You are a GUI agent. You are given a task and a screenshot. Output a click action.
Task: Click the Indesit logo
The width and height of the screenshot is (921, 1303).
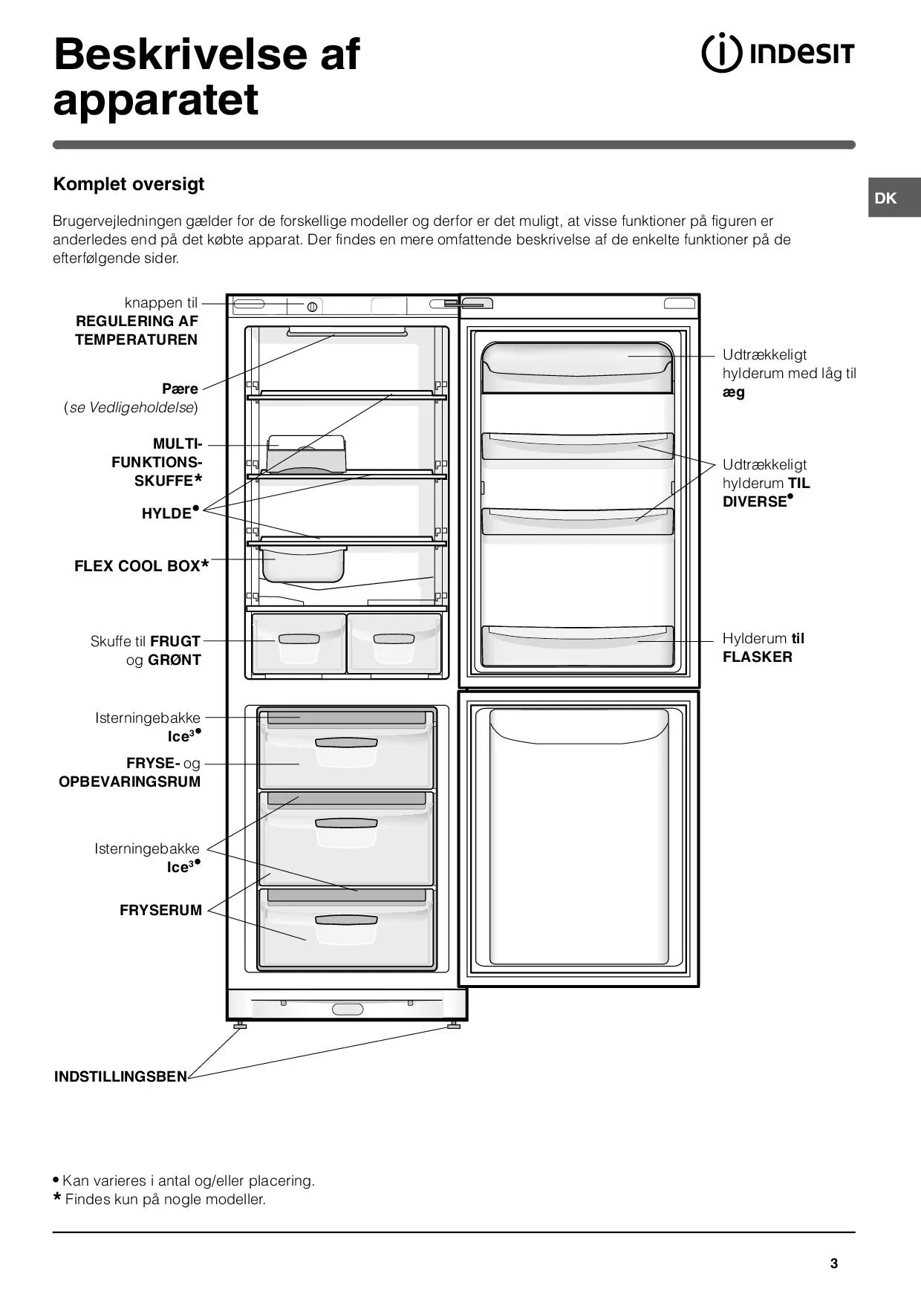pyautogui.click(x=778, y=54)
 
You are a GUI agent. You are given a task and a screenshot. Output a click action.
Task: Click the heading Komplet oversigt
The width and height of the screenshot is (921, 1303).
pyautogui.click(x=128, y=184)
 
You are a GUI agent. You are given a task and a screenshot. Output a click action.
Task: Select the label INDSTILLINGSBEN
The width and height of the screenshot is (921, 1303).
pyautogui.click(x=120, y=1076)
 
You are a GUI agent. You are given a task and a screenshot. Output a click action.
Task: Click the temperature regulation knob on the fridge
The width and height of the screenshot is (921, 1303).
pyautogui.click(x=313, y=307)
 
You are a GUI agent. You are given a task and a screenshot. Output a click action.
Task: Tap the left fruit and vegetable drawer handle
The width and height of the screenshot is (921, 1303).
pyautogui.click(x=299, y=639)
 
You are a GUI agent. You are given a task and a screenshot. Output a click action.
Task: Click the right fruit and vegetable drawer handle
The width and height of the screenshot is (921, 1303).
pyautogui.click(x=394, y=639)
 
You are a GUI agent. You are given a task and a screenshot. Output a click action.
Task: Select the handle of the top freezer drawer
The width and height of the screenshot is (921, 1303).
pyautogui.click(x=346, y=742)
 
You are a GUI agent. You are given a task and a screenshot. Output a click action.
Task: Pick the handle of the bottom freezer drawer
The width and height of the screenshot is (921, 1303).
pyautogui.click(x=346, y=920)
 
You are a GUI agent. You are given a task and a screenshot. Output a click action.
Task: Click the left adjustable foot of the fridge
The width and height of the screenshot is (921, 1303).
pyautogui.click(x=240, y=1025)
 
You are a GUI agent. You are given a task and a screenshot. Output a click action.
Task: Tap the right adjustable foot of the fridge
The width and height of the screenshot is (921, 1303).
pyautogui.click(x=453, y=1025)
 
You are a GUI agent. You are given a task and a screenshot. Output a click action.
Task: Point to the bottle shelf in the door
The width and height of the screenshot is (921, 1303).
pyautogui.click(x=577, y=645)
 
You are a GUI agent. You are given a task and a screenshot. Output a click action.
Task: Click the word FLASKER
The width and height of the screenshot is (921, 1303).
pyautogui.click(x=757, y=657)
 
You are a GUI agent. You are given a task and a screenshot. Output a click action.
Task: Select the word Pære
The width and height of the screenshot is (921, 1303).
pyautogui.click(x=180, y=389)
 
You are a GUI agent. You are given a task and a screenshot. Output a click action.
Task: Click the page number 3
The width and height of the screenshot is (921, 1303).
pyautogui.click(x=834, y=1264)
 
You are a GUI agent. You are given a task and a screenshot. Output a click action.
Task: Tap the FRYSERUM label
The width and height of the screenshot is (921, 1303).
pyautogui.click(x=160, y=911)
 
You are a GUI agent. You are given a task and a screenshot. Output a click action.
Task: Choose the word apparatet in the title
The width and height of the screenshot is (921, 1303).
pyautogui.click(x=156, y=100)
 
